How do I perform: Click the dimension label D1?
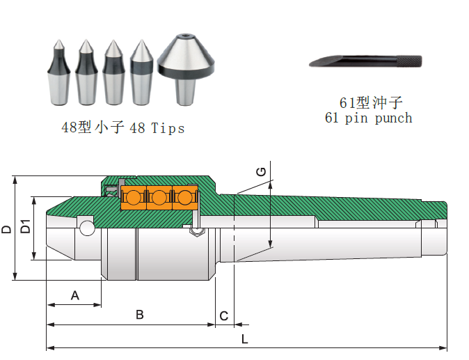coord(25,227)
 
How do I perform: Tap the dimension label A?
coord(75,296)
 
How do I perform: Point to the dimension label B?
coord(139,315)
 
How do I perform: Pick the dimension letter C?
coord(223,316)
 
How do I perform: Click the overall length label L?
coord(244,339)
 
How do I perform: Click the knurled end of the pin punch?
coord(411,62)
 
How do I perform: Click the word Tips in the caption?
coord(168,128)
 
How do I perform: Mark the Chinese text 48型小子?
coord(93,127)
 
